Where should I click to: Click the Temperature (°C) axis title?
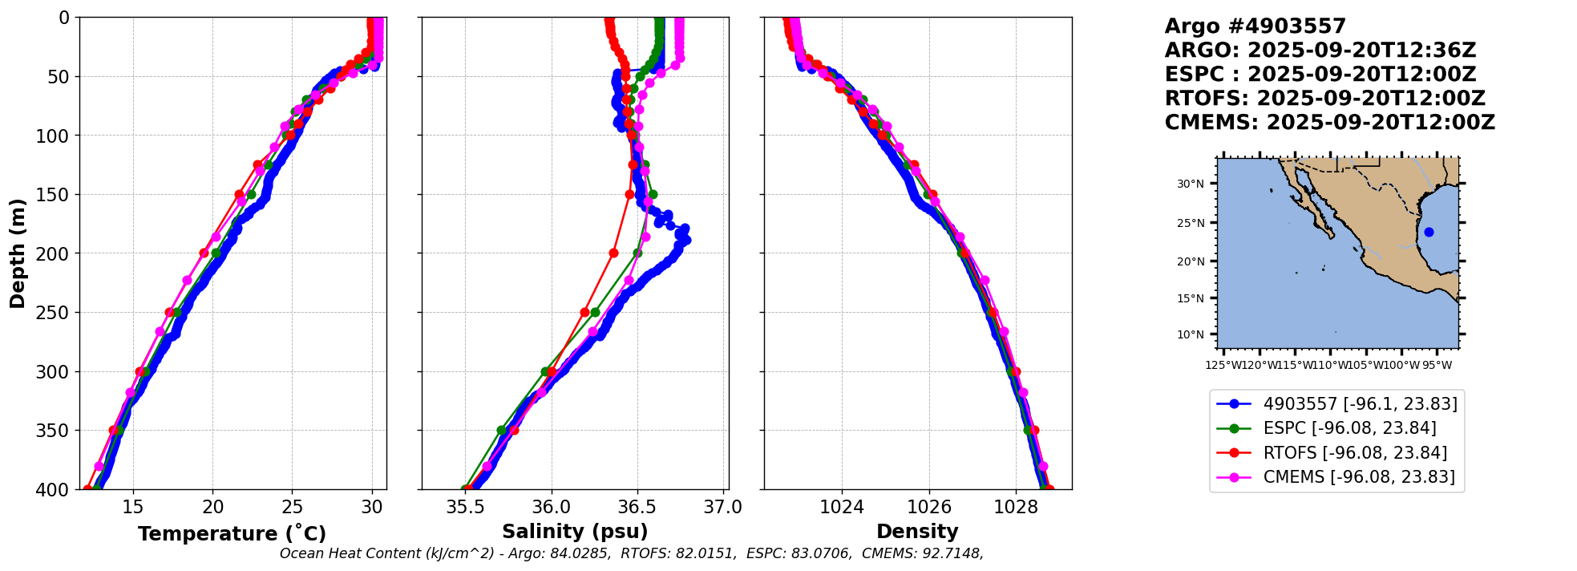click(232, 534)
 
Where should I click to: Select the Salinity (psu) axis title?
click(575, 532)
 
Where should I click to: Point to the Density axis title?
click(917, 532)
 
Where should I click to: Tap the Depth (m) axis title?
click(18, 253)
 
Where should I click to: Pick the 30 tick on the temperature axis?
click(372, 508)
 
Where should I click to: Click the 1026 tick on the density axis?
click(929, 508)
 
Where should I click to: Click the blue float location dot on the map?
click(1429, 233)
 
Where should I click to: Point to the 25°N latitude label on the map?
click(1191, 223)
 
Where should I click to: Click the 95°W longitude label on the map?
click(1437, 366)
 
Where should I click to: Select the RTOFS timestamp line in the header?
click(1324, 99)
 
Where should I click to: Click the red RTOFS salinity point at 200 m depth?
click(613, 253)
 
